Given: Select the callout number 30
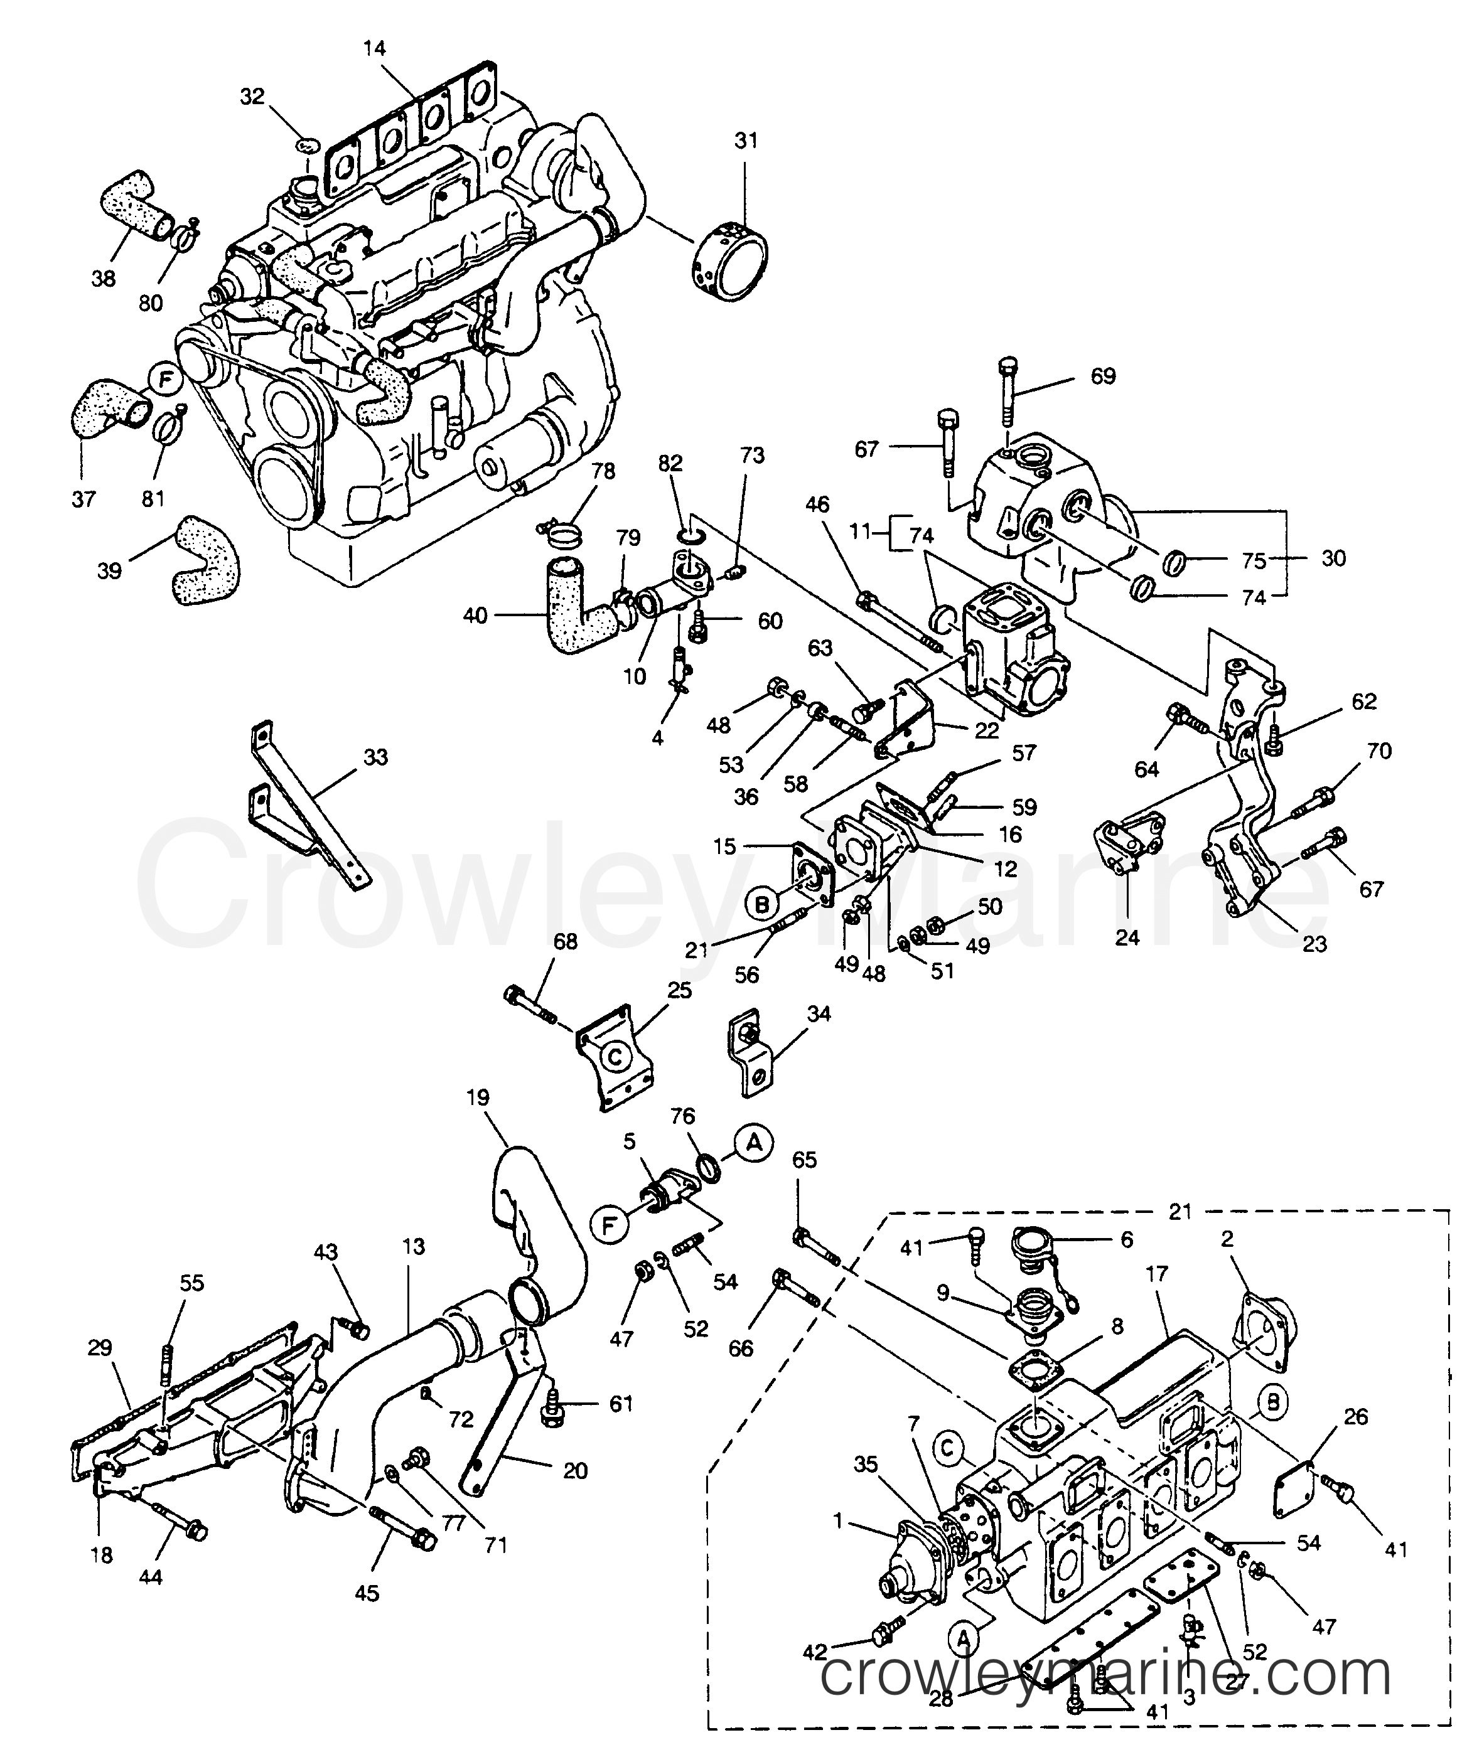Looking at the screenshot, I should (x=1333, y=558).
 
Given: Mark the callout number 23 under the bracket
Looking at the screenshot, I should (x=1314, y=943).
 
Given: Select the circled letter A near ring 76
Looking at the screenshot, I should (x=754, y=1142).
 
